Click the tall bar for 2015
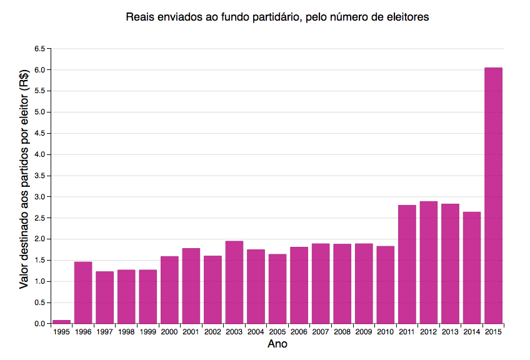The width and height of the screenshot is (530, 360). pyautogui.click(x=493, y=195)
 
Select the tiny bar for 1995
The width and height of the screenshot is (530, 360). pyautogui.click(x=61, y=322)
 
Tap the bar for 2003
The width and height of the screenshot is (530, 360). pyautogui.click(x=234, y=282)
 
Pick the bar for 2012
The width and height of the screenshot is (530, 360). pyautogui.click(x=428, y=262)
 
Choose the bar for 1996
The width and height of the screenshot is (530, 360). pyautogui.click(x=83, y=292)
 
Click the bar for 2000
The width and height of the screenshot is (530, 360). pyautogui.click(x=169, y=290)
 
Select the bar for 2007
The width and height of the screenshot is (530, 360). pyautogui.click(x=320, y=284)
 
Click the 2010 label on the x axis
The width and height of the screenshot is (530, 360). pyautogui.click(x=385, y=331)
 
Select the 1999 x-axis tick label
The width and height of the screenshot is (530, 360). pyautogui.click(x=147, y=331)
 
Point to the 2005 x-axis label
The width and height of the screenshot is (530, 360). pyautogui.click(x=277, y=331)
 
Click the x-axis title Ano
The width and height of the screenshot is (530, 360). pyautogui.click(x=277, y=344)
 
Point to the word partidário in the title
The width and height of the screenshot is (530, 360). pyautogui.click(x=269, y=17)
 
